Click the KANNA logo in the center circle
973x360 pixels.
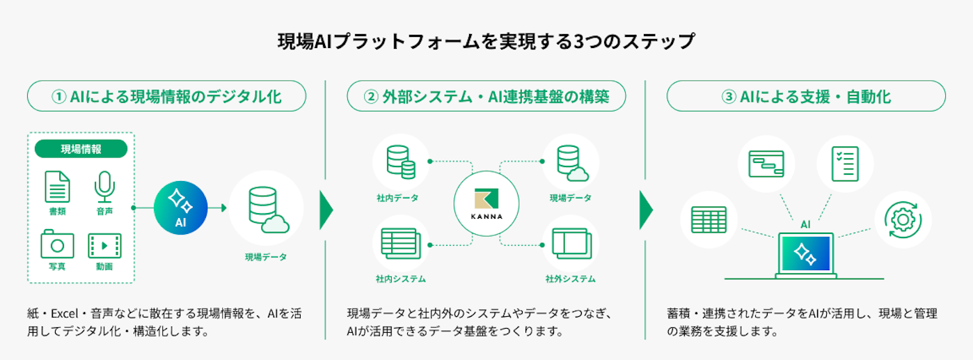(486, 203)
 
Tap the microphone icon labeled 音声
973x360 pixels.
(104, 187)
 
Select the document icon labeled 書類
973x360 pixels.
(57, 187)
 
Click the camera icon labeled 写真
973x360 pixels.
(57, 244)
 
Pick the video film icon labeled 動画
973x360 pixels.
(104, 246)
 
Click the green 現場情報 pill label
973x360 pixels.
(81, 149)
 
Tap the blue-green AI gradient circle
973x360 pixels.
(181, 208)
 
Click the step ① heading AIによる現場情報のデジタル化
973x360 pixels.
(166, 96)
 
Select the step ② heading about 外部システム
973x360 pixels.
(486, 96)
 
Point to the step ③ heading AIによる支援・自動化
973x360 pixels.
(806, 96)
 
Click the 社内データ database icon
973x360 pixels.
(401, 162)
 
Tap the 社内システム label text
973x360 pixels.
(401, 279)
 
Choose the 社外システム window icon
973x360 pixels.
(571, 244)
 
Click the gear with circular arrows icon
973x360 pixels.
(903, 219)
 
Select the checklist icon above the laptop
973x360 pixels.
(845, 164)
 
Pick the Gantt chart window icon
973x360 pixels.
(766, 164)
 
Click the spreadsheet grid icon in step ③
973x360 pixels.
(709, 219)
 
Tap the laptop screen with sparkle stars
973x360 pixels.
(806, 254)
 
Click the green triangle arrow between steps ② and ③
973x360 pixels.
(646, 210)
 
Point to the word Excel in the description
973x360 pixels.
(65, 313)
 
